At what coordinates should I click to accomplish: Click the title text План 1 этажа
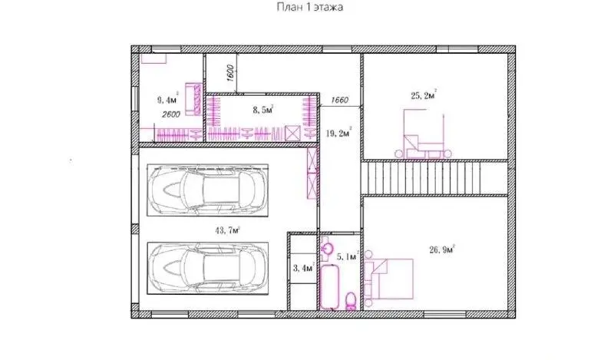point(310,7)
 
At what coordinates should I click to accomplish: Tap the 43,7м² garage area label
point(227,230)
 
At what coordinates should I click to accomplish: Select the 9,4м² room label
point(168,100)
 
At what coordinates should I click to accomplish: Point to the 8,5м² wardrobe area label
point(263,110)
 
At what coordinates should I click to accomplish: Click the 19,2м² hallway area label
point(338,133)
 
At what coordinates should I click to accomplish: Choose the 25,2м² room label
point(424,95)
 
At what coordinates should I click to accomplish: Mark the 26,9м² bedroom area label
point(442,249)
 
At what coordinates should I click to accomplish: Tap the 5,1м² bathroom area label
point(348,256)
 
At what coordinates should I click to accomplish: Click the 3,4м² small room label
point(304,268)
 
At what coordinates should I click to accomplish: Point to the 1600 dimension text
point(230,73)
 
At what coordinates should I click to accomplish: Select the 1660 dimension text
point(339,100)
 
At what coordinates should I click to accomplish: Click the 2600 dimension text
point(171,114)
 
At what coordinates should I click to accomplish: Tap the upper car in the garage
point(207,190)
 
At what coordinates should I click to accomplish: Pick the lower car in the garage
point(207,268)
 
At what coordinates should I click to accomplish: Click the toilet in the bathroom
point(351,301)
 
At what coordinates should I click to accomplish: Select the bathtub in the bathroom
point(329,286)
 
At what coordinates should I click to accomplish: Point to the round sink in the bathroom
point(327,248)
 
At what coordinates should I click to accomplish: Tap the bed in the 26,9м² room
point(389,279)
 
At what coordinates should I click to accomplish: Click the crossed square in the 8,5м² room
point(292,134)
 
